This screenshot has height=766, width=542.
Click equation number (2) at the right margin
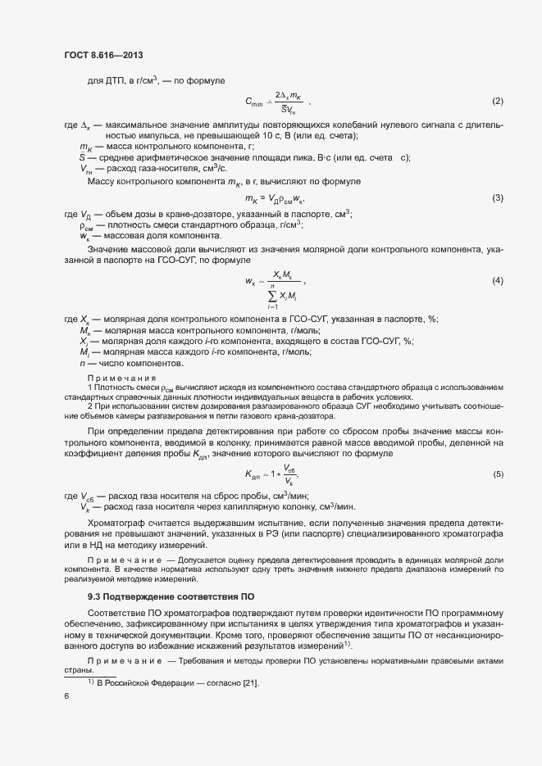[x=497, y=101]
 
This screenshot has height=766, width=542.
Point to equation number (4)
[x=497, y=281]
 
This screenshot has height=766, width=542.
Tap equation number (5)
[x=497, y=474]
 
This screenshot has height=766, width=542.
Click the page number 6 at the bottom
[x=66, y=696]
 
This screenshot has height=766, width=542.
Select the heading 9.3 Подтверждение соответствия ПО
[x=171, y=596]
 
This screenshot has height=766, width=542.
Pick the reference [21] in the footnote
[x=249, y=682]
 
